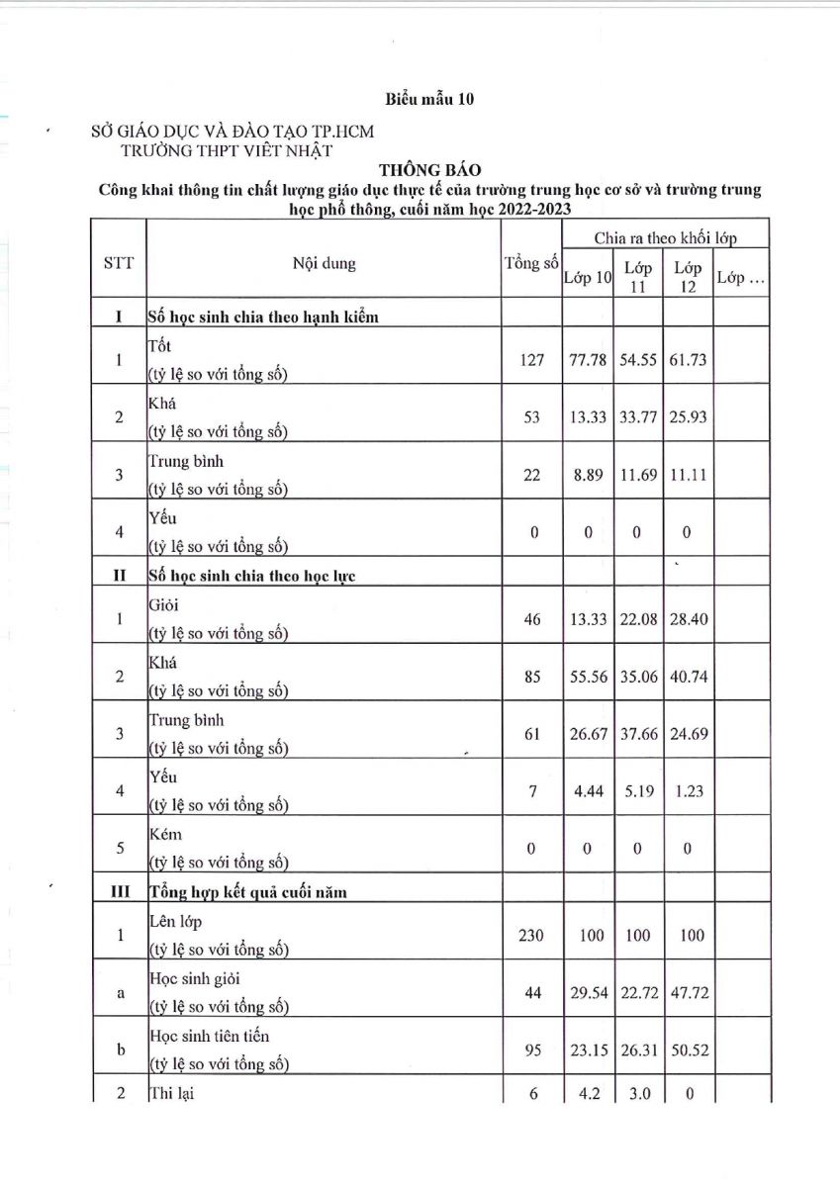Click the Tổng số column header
(x=532, y=264)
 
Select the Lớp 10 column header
(x=588, y=278)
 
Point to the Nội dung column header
(x=324, y=264)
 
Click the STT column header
(x=119, y=264)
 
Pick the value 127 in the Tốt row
(x=532, y=360)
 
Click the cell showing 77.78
(x=588, y=360)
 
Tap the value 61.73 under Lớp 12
(x=688, y=360)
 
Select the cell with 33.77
(x=637, y=416)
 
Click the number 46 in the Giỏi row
(x=532, y=619)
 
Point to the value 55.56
(x=588, y=677)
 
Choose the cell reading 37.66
(x=637, y=734)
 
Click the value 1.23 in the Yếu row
(x=688, y=791)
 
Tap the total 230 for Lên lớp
(x=532, y=935)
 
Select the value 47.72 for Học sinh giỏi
(x=688, y=992)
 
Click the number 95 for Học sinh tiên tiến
(x=532, y=1050)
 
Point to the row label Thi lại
(x=173, y=1094)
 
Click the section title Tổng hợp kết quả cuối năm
(x=247, y=892)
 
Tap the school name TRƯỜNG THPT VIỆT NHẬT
(x=227, y=150)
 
